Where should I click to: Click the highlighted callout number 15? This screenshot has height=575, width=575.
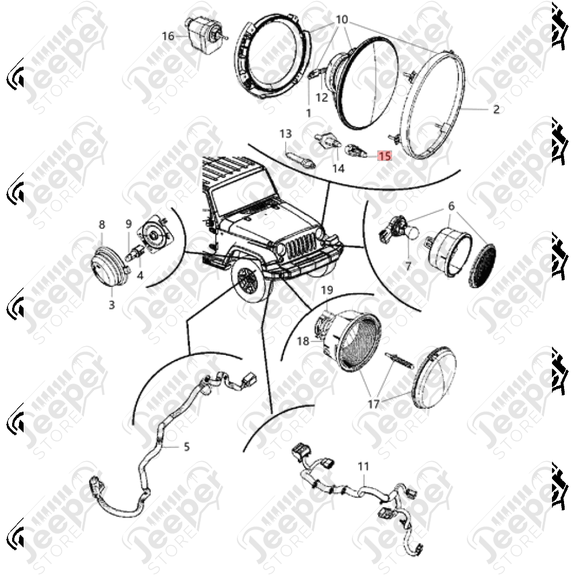point(385,156)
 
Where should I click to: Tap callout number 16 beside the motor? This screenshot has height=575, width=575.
point(168,36)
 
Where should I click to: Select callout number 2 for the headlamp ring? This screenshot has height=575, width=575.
point(496,109)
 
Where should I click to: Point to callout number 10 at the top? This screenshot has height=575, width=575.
point(342,19)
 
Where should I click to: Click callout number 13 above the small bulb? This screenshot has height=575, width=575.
point(286,133)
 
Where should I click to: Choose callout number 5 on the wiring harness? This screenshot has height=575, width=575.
point(187,447)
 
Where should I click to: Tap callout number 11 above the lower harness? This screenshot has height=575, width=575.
point(363,466)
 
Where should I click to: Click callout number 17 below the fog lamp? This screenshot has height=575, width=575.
point(373,404)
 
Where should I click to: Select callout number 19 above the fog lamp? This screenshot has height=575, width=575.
point(327,290)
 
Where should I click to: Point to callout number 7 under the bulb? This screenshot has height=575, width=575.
point(408,265)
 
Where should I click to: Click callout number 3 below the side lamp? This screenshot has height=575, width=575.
point(112,304)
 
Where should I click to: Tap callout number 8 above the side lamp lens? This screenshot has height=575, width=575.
point(102,224)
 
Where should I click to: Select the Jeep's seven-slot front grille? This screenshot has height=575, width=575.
point(301,243)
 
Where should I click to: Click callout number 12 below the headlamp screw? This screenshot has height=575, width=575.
point(321,98)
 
